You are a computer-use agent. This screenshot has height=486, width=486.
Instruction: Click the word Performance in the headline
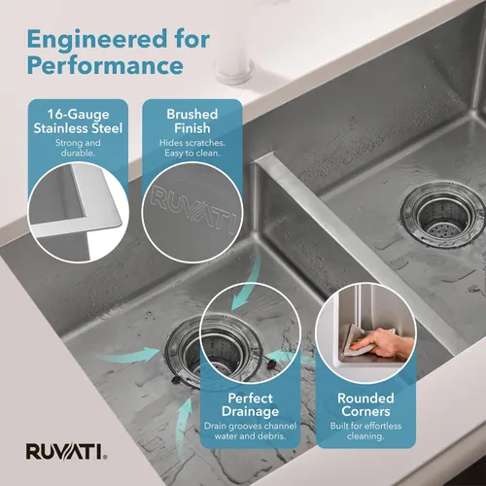[105, 65]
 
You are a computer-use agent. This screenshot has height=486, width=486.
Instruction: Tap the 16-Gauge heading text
[78, 114]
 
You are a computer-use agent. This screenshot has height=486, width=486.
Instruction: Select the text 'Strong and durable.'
[78, 148]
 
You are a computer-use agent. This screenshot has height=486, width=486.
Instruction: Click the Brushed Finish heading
[192, 121]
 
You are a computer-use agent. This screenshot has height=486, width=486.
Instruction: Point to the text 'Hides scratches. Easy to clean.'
[192, 148]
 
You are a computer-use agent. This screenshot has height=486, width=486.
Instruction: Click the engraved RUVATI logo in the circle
[193, 208]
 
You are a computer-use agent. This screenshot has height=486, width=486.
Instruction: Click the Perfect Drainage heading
[250, 404]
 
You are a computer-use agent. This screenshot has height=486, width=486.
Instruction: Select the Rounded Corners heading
[365, 404]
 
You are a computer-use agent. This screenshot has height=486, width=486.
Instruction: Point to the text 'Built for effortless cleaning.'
[365, 431]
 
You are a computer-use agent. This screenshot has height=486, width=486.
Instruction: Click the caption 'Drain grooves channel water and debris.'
[250, 431]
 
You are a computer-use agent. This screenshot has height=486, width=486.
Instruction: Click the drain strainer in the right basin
[442, 215]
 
